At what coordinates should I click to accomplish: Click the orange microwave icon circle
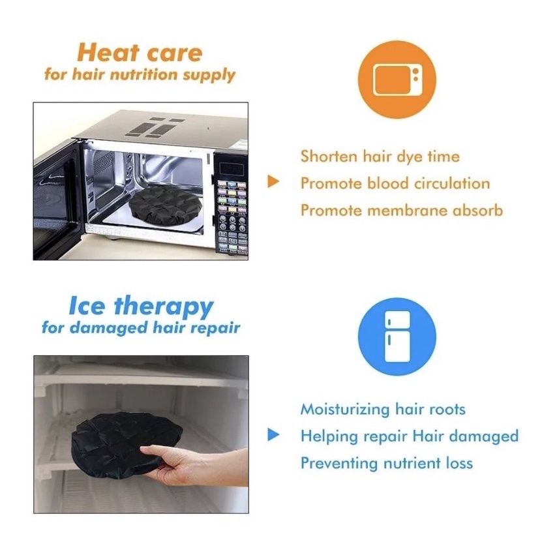(397, 80)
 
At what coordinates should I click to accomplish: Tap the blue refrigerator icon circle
(397, 337)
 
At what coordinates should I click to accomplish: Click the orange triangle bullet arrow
(273, 181)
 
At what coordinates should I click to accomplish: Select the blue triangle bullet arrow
(273, 434)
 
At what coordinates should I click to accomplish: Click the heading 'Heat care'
(140, 53)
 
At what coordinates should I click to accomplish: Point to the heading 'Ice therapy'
(141, 306)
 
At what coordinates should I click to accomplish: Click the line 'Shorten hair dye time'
(380, 157)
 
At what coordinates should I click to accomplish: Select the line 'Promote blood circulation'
(395, 183)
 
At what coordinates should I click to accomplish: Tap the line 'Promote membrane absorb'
(402, 210)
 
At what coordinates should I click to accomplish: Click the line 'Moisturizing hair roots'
(383, 410)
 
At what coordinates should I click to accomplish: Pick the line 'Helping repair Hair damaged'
(410, 436)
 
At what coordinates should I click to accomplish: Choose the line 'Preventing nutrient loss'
(387, 463)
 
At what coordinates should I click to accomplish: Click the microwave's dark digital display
(232, 170)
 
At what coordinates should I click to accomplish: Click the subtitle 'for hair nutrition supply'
(140, 75)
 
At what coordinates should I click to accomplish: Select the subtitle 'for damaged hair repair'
(141, 327)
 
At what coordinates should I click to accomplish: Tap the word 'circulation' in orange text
(452, 183)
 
